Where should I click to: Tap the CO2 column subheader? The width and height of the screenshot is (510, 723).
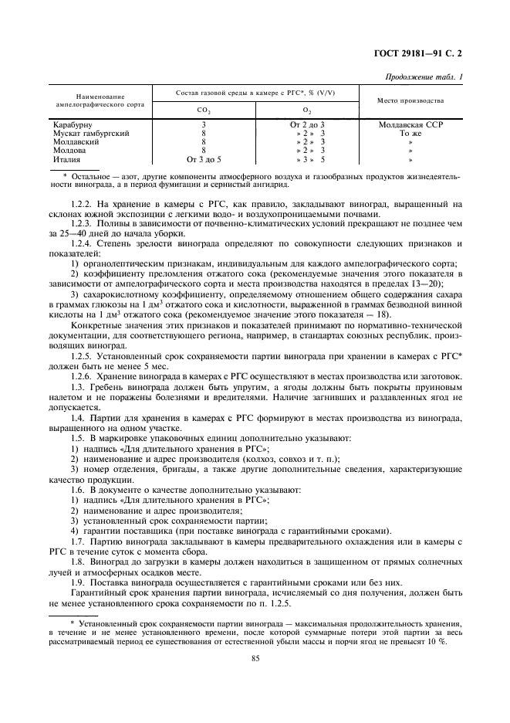pos(204,110)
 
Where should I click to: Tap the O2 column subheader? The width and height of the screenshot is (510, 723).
pos(307,110)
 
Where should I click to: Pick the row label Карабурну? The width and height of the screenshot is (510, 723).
pos(74,124)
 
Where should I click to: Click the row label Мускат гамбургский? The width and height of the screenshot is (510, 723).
pos(90,133)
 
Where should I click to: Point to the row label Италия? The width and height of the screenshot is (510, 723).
pos(68,160)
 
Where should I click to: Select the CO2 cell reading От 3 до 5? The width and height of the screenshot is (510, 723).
pos(204,160)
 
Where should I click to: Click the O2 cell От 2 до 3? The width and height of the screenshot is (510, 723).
pos(307,124)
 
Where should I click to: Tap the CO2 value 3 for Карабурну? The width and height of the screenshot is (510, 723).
pos(204,124)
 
